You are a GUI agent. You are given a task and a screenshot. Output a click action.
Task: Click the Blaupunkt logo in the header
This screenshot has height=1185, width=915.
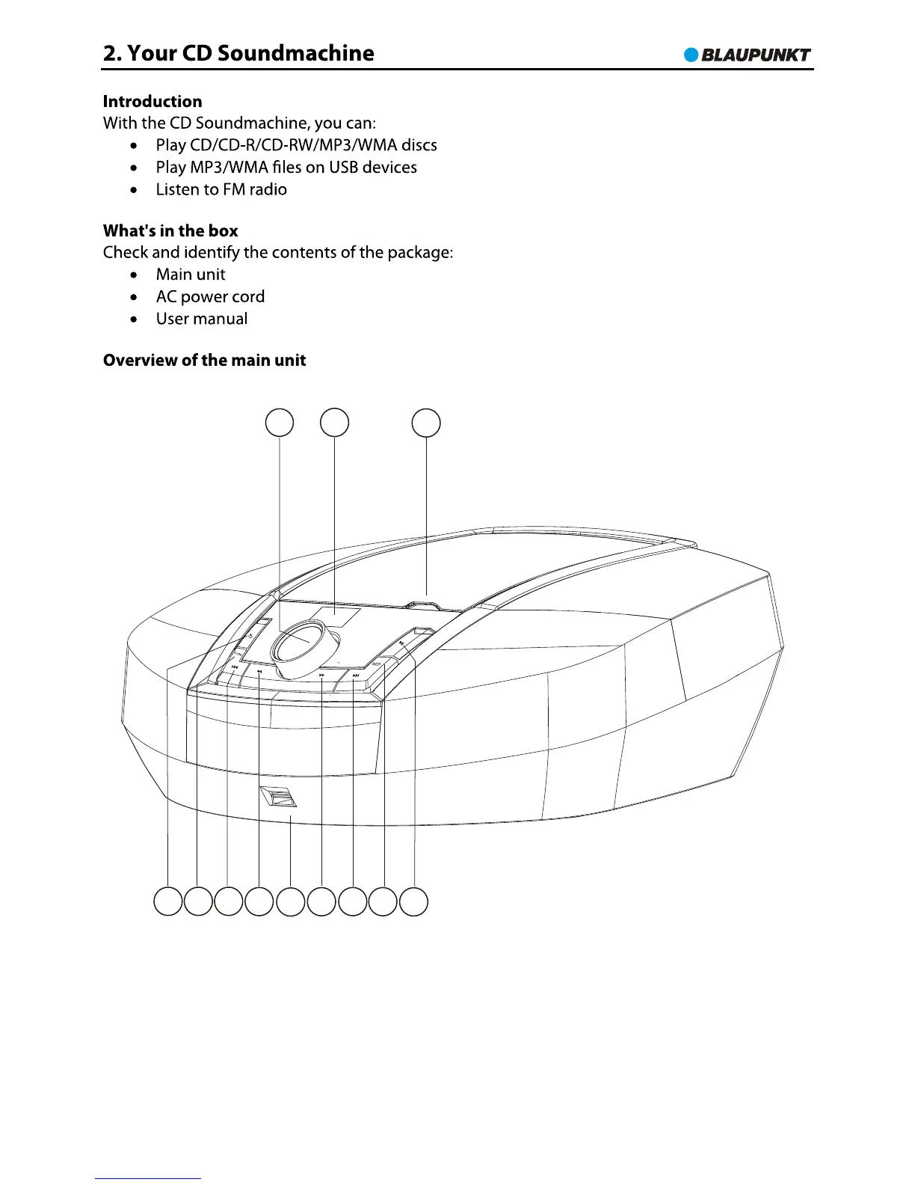click(x=748, y=55)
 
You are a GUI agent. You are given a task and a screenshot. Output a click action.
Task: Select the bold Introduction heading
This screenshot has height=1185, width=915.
click(x=152, y=102)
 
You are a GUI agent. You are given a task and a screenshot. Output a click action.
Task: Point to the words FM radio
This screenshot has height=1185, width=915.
click(x=255, y=190)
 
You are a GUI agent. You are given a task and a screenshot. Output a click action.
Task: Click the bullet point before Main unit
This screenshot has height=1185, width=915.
click(x=133, y=275)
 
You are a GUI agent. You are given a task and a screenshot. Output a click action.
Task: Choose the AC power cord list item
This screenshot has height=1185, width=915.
click(x=210, y=297)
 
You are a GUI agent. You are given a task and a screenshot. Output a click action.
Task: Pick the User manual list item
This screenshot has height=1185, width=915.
click(x=202, y=319)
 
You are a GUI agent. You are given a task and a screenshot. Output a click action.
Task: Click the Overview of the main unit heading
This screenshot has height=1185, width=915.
click(x=204, y=361)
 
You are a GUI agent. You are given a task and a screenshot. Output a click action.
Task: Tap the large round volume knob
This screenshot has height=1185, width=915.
click(x=304, y=643)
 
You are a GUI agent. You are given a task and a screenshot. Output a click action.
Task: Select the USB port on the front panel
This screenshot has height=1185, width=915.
click(x=279, y=798)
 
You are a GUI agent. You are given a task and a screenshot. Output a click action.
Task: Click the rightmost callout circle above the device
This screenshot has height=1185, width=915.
click(x=426, y=423)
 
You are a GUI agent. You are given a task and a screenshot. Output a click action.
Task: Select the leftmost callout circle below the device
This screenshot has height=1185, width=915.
click(x=168, y=901)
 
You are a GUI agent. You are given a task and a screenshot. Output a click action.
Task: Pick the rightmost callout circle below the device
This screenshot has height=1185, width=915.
click(x=413, y=901)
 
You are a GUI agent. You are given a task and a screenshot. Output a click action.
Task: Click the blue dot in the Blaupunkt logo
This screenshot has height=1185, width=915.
click(x=691, y=55)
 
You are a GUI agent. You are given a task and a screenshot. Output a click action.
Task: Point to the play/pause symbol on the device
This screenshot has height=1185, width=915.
click(x=402, y=643)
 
